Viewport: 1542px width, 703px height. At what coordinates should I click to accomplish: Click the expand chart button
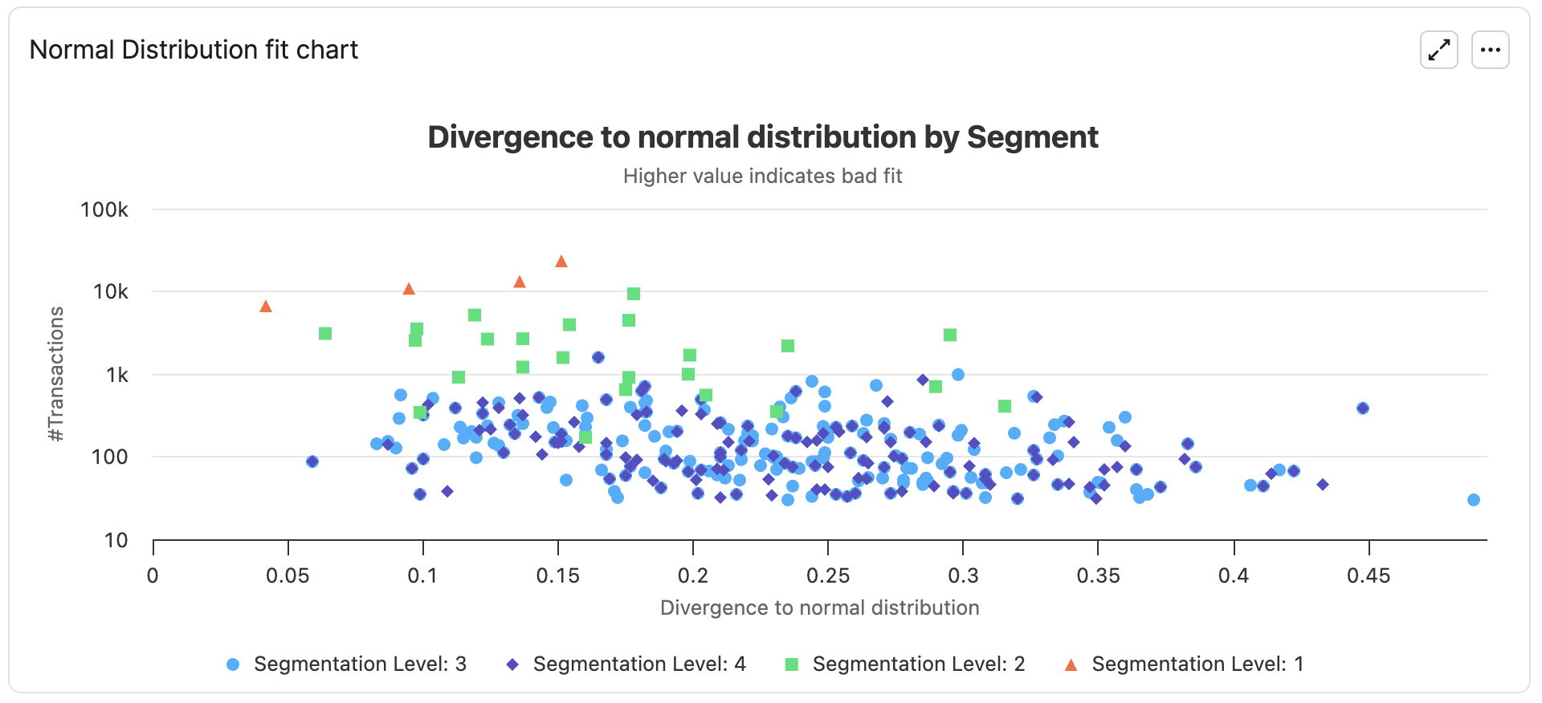[1438, 50]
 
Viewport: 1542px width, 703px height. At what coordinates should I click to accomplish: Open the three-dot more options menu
[1490, 50]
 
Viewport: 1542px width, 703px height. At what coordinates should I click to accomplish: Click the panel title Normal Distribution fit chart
[194, 50]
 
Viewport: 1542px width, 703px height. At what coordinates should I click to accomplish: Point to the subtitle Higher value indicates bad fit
[762, 176]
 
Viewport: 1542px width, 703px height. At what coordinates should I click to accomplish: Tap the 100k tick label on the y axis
[104, 210]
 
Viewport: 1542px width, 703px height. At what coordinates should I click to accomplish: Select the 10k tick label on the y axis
[110, 292]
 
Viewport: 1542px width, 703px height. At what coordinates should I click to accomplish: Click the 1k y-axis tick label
[116, 375]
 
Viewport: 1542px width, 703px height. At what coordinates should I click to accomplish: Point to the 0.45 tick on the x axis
[1369, 575]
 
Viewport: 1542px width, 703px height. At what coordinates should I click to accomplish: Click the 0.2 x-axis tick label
[692, 575]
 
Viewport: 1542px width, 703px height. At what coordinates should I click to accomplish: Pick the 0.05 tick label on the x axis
[288, 575]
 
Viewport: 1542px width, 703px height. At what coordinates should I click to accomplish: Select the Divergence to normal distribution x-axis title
[819, 608]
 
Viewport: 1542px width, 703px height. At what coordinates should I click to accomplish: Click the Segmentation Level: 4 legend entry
[626, 664]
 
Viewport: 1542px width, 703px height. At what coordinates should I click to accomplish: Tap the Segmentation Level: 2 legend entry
[905, 664]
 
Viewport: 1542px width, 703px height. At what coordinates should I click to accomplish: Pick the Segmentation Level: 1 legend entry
[1184, 664]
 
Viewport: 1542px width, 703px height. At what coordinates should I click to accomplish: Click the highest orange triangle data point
[561, 262]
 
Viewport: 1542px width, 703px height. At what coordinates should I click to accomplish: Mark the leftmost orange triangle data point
[266, 307]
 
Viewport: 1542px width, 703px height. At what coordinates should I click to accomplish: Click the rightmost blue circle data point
[1474, 500]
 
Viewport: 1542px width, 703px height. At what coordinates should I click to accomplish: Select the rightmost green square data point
[1005, 406]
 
